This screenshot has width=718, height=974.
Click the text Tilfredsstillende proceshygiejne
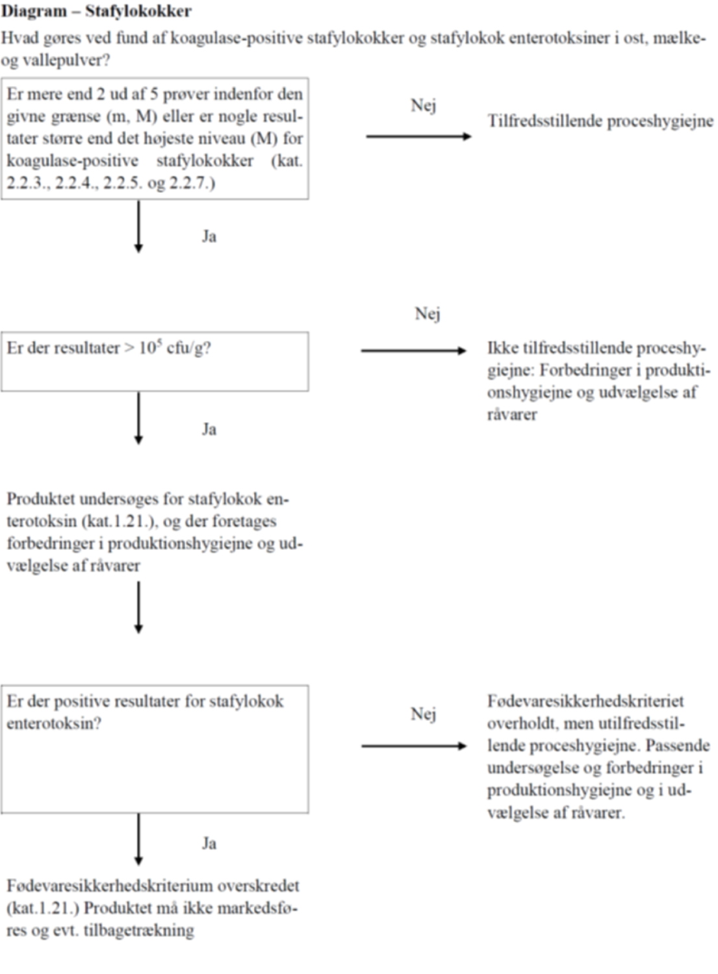click(x=600, y=121)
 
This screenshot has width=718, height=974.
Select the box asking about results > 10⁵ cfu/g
click(x=155, y=362)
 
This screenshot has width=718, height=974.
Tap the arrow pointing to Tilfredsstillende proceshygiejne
click(x=418, y=136)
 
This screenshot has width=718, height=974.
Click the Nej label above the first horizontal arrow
click(x=423, y=105)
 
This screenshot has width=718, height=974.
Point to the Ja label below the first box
click(x=209, y=236)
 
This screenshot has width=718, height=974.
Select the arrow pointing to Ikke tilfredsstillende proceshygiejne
click(x=413, y=351)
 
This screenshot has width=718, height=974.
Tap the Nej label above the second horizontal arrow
click(x=428, y=314)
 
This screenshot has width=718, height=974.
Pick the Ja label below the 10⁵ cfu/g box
click(x=209, y=429)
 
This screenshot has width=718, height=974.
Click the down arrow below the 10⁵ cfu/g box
click(x=138, y=418)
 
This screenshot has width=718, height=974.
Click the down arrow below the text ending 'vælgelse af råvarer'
click(x=138, y=607)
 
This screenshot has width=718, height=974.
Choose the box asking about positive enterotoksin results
click(x=155, y=749)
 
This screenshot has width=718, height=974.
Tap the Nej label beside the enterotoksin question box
click(x=423, y=714)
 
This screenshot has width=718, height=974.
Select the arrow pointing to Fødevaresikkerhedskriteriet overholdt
click(x=414, y=746)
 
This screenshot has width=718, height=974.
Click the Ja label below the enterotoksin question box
click(x=209, y=843)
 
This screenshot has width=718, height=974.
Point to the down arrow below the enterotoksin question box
click(x=138, y=839)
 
